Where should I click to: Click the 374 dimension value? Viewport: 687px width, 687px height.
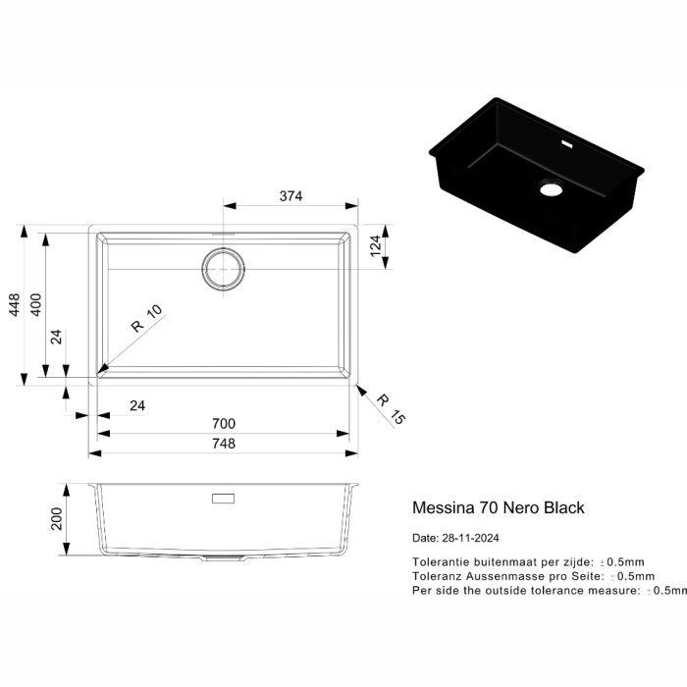(291, 196)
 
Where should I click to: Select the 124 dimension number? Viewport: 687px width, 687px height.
(376, 246)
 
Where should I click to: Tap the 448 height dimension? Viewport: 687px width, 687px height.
(15, 305)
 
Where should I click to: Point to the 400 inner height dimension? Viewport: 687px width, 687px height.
(36, 305)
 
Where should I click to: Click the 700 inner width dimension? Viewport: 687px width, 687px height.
(224, 424)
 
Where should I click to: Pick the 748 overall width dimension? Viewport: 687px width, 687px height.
(224, 444)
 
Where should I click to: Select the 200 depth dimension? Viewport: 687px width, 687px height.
(57, 519)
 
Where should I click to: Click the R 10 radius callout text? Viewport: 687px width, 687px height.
(147, 318)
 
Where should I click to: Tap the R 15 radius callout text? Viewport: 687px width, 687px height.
(391, 409)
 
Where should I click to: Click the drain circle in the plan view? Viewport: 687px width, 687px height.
(224, 248)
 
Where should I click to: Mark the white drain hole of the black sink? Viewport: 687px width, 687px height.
(551, 189)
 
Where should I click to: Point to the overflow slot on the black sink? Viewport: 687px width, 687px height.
(567, 144)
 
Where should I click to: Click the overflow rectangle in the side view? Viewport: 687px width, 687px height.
(223, 499)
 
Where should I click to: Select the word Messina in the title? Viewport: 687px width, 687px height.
(444, 507)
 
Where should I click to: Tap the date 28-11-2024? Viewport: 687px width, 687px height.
(470, 538)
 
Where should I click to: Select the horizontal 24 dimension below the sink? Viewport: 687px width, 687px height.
(137, 405)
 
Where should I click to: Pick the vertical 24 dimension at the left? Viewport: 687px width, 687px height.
(57, 338)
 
